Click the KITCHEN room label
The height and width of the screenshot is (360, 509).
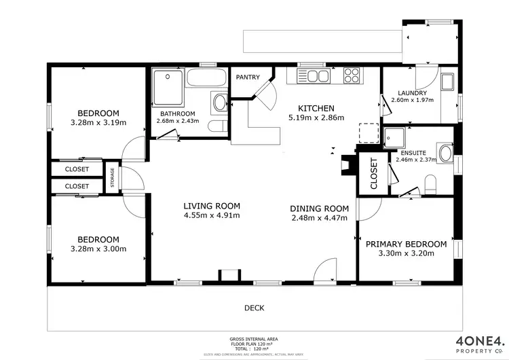pos(316,108)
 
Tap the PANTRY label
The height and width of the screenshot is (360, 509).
pos(248,77)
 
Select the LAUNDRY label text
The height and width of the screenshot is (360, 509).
pos(412,93)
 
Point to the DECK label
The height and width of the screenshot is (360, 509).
pos(254,308)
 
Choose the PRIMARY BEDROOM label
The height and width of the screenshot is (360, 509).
pos(406,244)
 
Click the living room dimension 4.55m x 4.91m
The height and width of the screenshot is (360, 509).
pos(212,216)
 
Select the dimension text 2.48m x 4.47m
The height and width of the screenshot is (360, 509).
pos(319,218)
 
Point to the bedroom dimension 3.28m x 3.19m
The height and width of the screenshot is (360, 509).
pos(98,123)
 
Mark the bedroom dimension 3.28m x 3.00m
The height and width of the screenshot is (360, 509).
pos(98,249)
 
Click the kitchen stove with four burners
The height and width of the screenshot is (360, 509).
pos(352,75)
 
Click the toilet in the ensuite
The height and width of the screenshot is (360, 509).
pos(430,182)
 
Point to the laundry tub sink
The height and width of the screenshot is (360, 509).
pos(448,83)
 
